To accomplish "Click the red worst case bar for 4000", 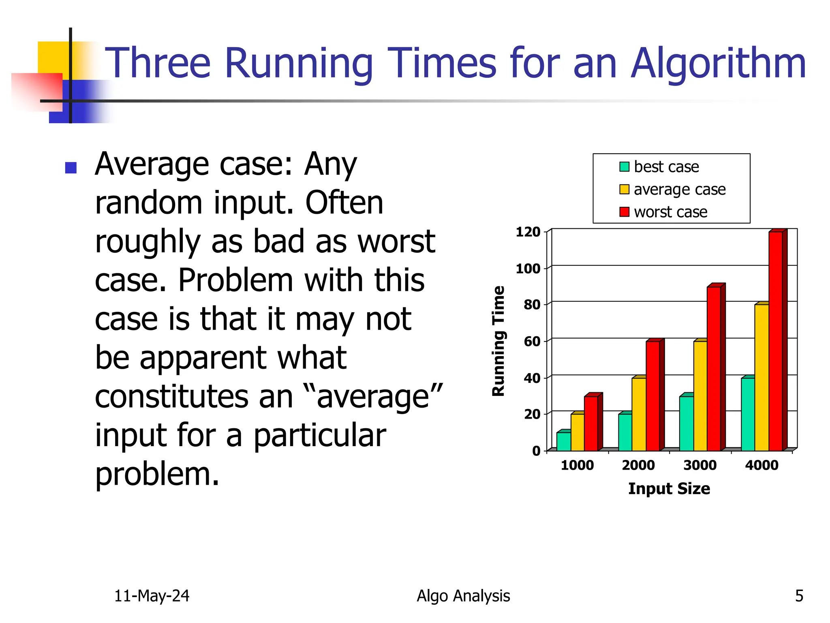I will [775, 341].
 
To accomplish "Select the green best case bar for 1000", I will [563, 441].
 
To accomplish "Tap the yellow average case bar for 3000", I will [700, 395].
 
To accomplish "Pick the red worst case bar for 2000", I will [652, 395].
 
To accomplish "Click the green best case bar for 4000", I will [748, 414].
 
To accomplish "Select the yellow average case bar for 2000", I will [639, 414].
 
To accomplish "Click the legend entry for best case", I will [659, 167].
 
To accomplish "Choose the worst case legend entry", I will [663, 212].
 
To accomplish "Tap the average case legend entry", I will [672, 189].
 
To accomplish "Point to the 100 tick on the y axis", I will [528, 269].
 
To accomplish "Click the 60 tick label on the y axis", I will [532, 342].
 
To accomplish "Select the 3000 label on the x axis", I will [700, 465].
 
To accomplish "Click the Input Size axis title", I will [669, 488].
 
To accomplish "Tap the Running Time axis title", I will [498, 341].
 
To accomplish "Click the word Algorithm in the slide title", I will [718, 64].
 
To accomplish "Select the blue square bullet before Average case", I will [71, 168].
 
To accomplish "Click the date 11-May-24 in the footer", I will [152, 596].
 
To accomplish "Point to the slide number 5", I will [799, 596].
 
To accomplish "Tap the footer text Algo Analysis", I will [463, 596].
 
